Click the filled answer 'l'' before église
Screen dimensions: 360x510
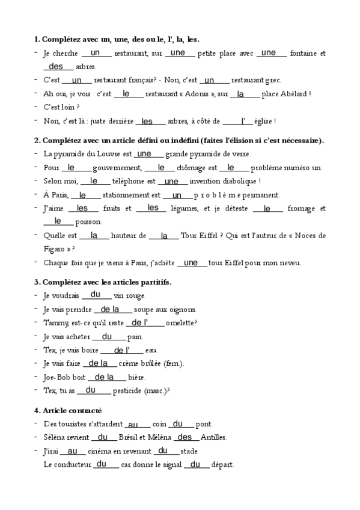[243, 121]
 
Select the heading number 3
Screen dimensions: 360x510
[37, 281]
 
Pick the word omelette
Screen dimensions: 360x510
[181, 323]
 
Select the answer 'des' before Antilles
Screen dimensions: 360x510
[185, 437]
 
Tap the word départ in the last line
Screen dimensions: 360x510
[222, 465]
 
